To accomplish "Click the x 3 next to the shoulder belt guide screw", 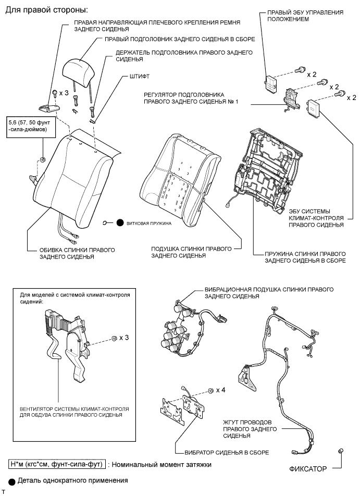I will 64,93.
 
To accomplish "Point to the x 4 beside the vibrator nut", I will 221,390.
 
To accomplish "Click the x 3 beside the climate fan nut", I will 124,337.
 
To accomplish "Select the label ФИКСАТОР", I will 308,469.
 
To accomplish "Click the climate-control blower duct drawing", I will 65,344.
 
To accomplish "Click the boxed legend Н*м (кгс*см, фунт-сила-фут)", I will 56,464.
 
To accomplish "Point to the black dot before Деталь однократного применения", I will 13,480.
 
